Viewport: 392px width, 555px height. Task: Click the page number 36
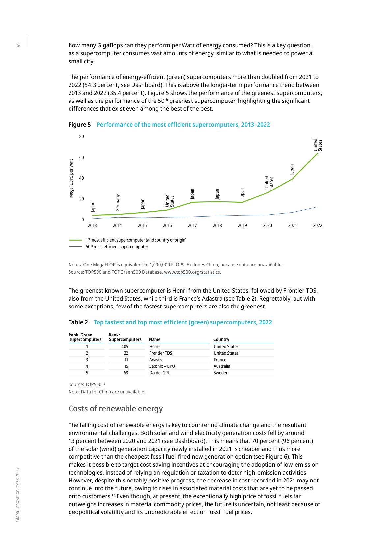[x=18, y=46]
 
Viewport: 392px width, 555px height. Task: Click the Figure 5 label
[x=79, y=125]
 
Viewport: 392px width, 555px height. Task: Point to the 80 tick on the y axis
[x=81, y=136]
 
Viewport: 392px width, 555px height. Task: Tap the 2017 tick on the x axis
[x=192, y=225]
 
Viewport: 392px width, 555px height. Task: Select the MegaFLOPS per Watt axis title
[x=71, y=178]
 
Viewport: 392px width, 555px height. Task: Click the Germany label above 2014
[x=118, y=203]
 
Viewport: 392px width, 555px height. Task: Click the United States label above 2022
[x=318, y=145]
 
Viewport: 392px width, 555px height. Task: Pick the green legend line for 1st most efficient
[x=75, y=240]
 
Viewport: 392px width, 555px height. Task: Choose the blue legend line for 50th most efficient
[x=75, y=247]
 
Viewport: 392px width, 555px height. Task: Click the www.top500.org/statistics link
[x=192, y=272]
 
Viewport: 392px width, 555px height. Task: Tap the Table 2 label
[x=78, y=322]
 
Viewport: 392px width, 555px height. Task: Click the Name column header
[x=155, y=339]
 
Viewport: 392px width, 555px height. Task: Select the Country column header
[x=221, y=339]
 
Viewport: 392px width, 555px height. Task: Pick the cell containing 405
[x=125, y=346]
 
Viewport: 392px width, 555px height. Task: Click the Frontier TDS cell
[x=161, y=353]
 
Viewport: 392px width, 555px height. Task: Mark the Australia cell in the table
[x=222, y=366]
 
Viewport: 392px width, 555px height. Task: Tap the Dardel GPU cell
[x=160, y=373]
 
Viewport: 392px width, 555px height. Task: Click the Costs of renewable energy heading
[x=116, y=409]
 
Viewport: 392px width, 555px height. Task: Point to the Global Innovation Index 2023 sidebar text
[x=18, y=494]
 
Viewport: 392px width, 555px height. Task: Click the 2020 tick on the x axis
[x=267, y=225]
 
